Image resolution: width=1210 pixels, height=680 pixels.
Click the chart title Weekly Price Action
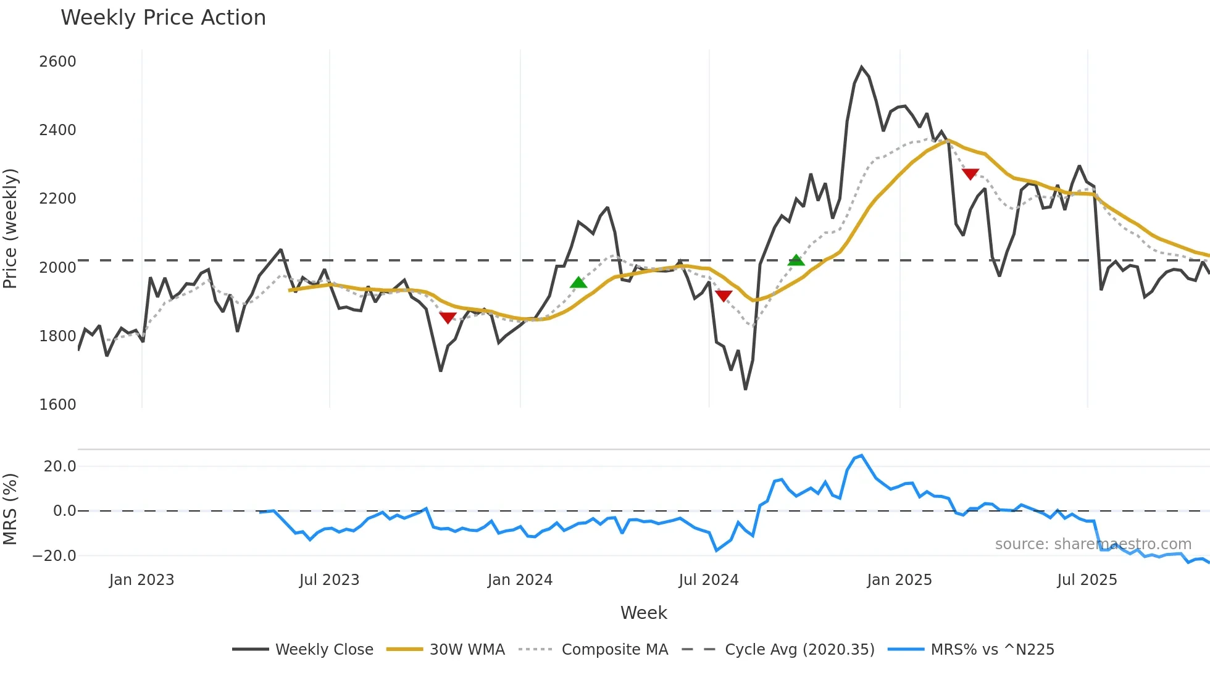tap(163, 17)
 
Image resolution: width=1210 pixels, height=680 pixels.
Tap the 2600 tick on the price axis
tap(57, 62)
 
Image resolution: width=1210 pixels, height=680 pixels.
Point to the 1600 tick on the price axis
tap(57, 405)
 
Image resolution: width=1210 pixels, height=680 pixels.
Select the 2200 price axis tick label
tap(57, 199)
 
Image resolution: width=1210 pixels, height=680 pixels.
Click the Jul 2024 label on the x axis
tap(708, 580)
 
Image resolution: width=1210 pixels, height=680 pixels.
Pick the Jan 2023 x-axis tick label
tap(141, 580)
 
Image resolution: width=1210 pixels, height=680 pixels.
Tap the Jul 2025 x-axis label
tap(1087, 580)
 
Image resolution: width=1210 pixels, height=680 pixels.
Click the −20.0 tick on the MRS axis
tap(54, 556)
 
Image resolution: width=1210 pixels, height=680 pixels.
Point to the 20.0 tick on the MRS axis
tap(60, 466)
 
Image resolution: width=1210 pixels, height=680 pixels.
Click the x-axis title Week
tap(643, 613)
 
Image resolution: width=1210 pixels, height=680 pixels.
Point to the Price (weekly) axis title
tap(10, 228)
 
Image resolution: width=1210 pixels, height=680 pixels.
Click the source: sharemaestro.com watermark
tap(1093, 544)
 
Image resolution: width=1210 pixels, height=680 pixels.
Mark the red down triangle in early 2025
tap(970, 174)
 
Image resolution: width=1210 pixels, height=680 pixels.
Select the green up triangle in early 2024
tap(578, 283)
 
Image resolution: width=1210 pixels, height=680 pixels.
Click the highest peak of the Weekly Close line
tap(862, 67)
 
